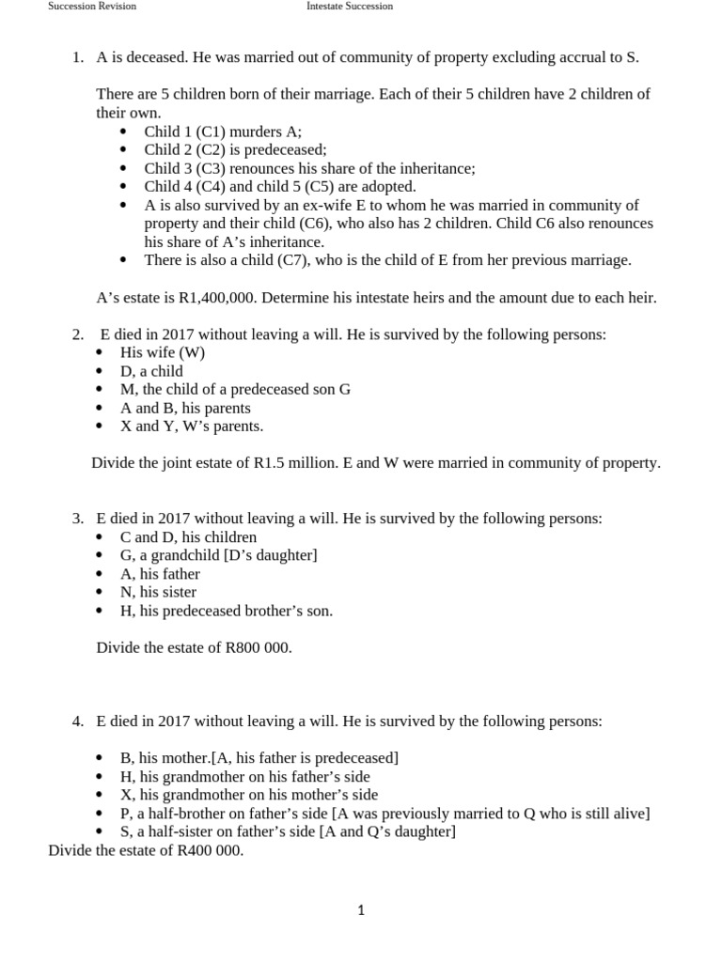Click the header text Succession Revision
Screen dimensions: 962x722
click(92, 6)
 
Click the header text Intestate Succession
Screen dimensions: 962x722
click(350, 6)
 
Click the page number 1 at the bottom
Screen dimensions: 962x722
click(361, 909)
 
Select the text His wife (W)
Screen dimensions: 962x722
click(163, 352)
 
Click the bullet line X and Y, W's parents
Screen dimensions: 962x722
click(192, 426)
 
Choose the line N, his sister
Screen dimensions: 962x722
click(158, 592)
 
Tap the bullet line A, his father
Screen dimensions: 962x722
click(160, 574)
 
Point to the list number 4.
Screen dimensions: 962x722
click(78, 721)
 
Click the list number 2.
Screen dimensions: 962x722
click(78, 334)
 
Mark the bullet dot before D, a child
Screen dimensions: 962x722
click(101, 372)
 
